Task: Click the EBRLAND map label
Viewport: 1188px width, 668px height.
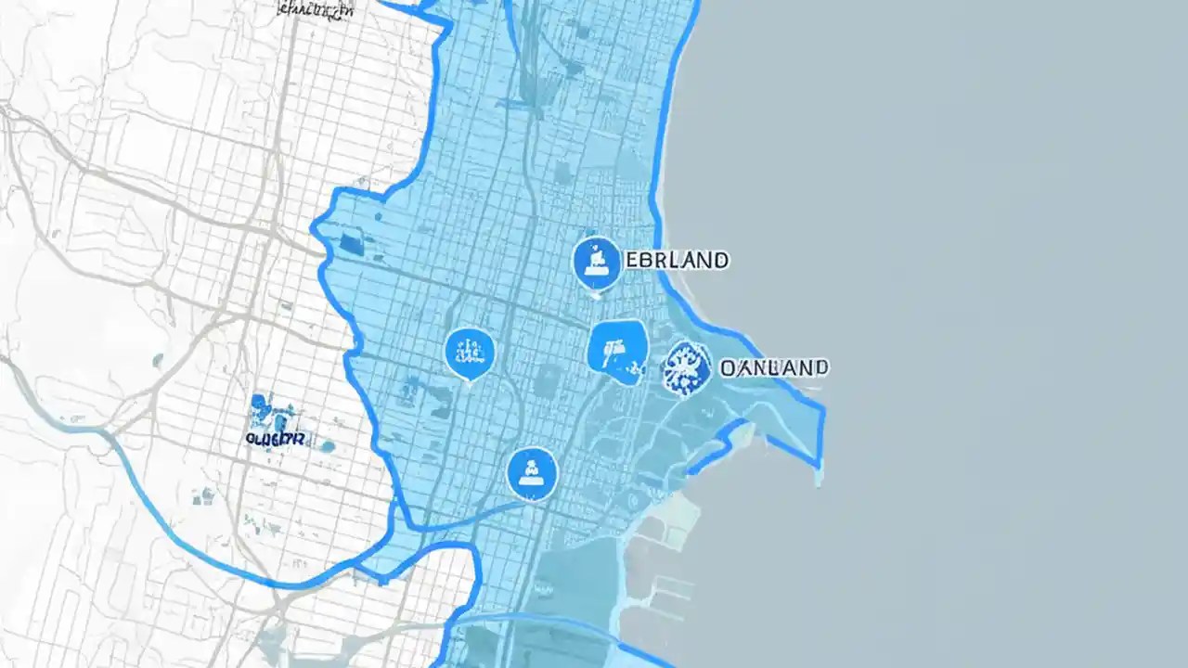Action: (676, 260)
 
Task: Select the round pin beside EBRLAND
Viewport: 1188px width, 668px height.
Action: (596, 262)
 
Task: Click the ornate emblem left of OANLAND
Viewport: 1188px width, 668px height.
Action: (687, 368)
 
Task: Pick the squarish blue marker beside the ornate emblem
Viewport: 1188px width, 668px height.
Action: (617, 352)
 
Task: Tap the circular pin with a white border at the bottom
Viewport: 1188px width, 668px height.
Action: (532, 473)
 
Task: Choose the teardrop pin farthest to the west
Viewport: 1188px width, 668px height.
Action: (470, 353)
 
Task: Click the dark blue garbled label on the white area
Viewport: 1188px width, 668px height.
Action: (276, 437)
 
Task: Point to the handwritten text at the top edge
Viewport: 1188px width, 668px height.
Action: (316, 10)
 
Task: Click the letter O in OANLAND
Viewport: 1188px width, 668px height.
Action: (729, 367)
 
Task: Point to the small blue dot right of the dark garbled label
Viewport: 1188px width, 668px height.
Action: (327, 445)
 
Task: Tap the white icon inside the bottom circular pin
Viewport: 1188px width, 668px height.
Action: (532, 472)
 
